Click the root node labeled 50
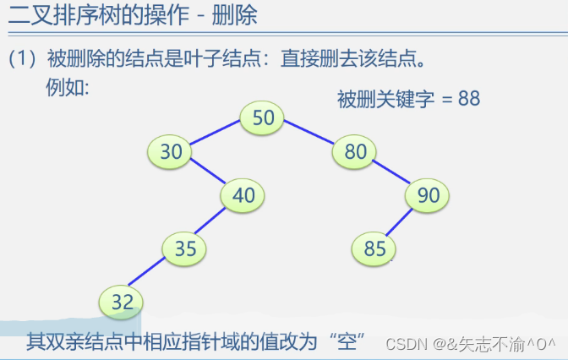click(x=263, y=117)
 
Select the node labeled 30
click(x=171, y=151)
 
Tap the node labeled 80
click(x=355, y=152)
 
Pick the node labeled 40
click(x=243, y=195)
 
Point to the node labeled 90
click(x=428, y=195)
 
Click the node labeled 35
click(x=185, y=248)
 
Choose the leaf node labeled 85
click(x=374, y=248)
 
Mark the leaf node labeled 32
click(x=122, y=302)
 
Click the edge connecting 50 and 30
click(x=216, y=134)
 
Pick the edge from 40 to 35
click(x=213, y=222)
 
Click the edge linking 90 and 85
click(x=401, y=222)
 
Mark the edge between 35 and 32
click(x=153, y=275)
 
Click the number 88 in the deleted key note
click(x=468, y=98)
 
